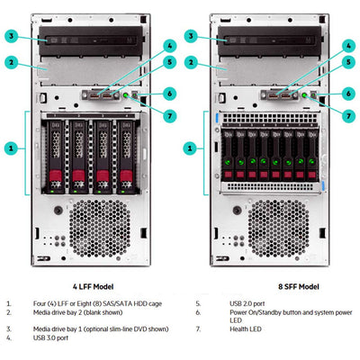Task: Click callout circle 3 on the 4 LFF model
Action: pos(11,36)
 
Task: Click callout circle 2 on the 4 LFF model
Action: pos(11,62)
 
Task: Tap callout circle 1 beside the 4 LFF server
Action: pos(11,148)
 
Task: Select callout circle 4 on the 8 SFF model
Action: pos(347,45)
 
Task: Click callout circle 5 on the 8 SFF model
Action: pos(347,62)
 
